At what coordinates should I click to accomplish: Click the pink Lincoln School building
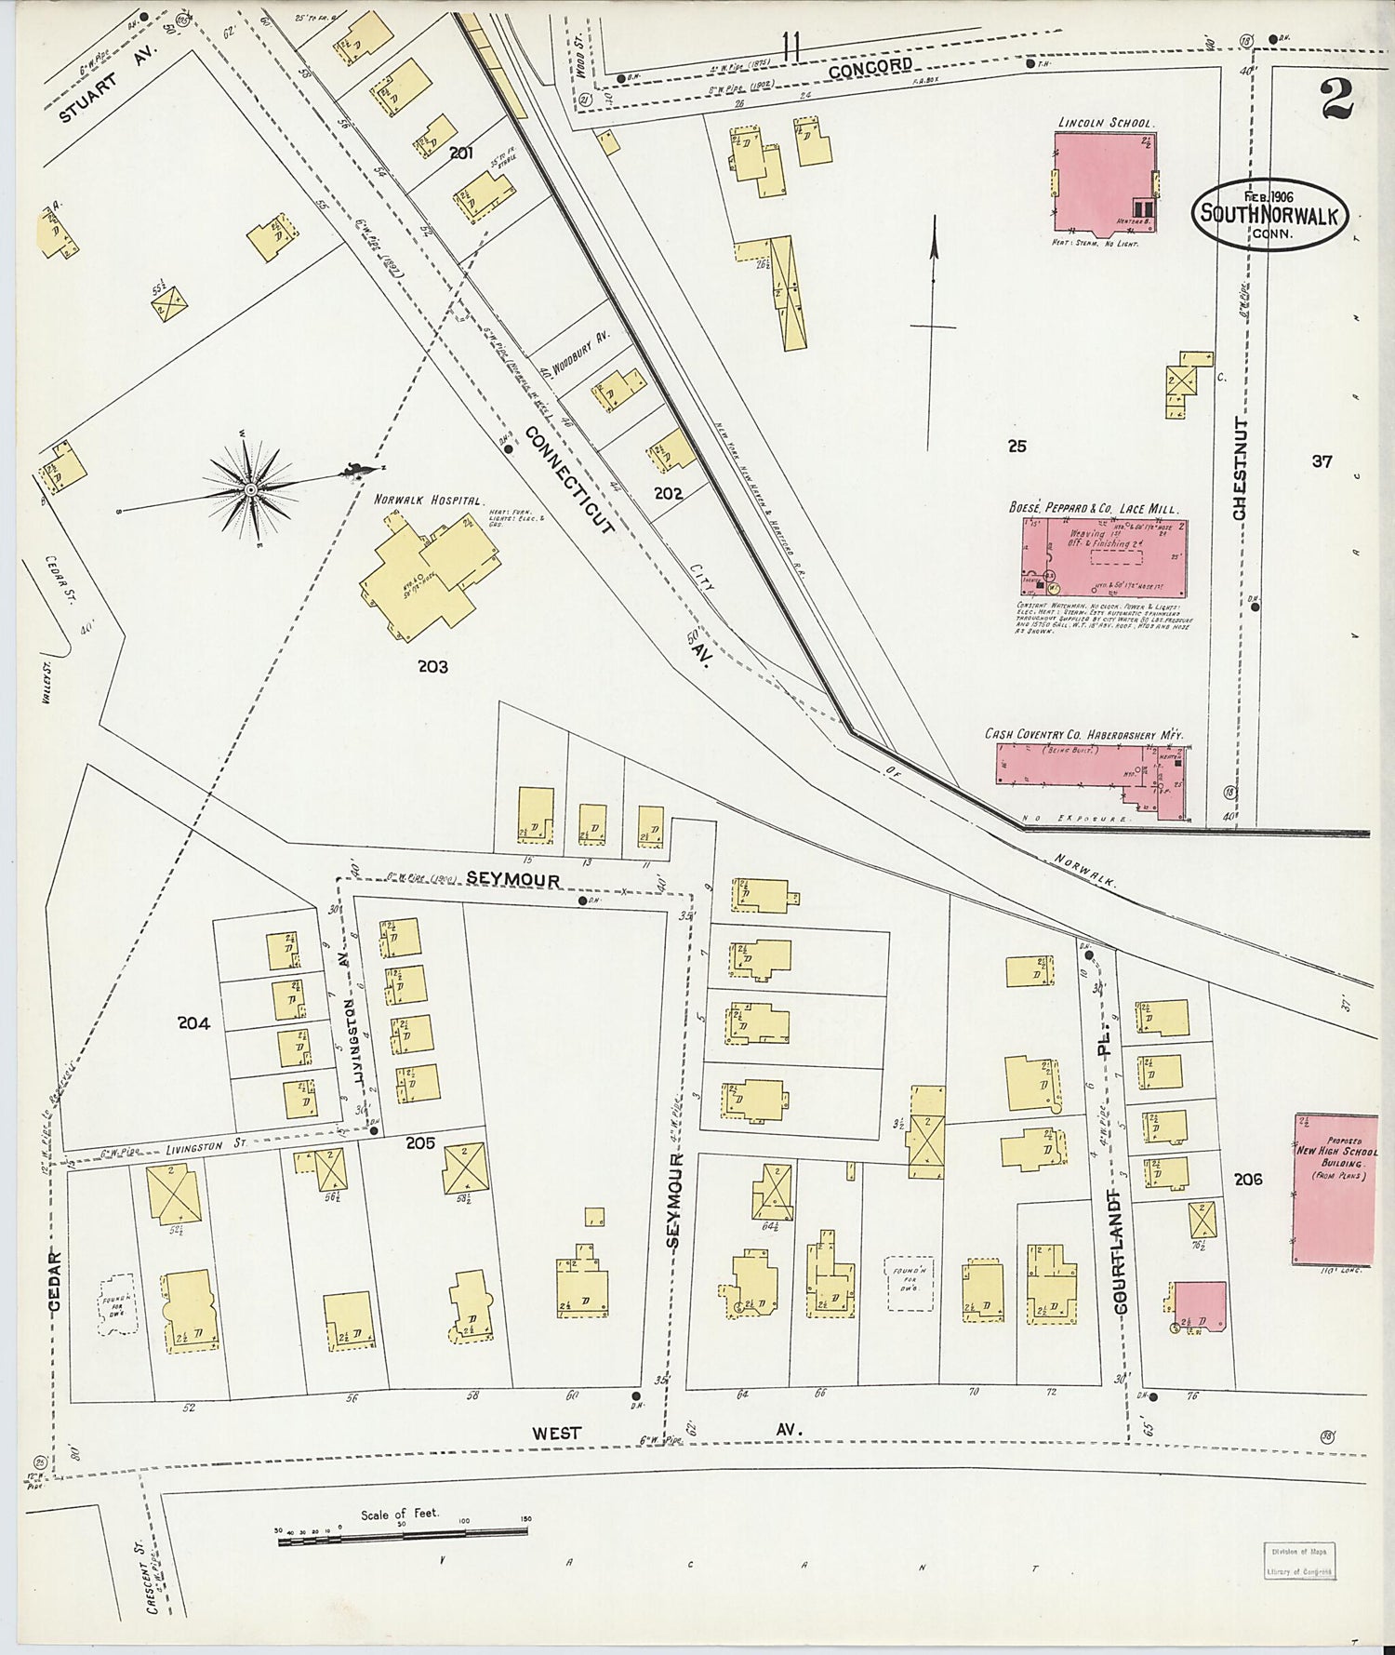pyautogui.click(x=1103, y=182)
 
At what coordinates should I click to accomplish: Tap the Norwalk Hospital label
pyautogui.click(x=428, y=500)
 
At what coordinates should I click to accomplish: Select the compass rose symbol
pyautogui.click(x=251, y=488)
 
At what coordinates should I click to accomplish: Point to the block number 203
pyautogui.click(x=432, y=666)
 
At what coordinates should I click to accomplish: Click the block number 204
pyautogui.click(x=194, y=1023)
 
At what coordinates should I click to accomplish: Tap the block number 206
pyautogui.click(x=1247, y=1179)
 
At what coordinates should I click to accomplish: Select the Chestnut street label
pyautogui.click(x=1239, y=469)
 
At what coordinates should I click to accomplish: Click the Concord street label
pyautogui.click(x=870, y=68)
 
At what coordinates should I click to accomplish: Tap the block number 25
pyautogui.click(x=1017, y=447)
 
